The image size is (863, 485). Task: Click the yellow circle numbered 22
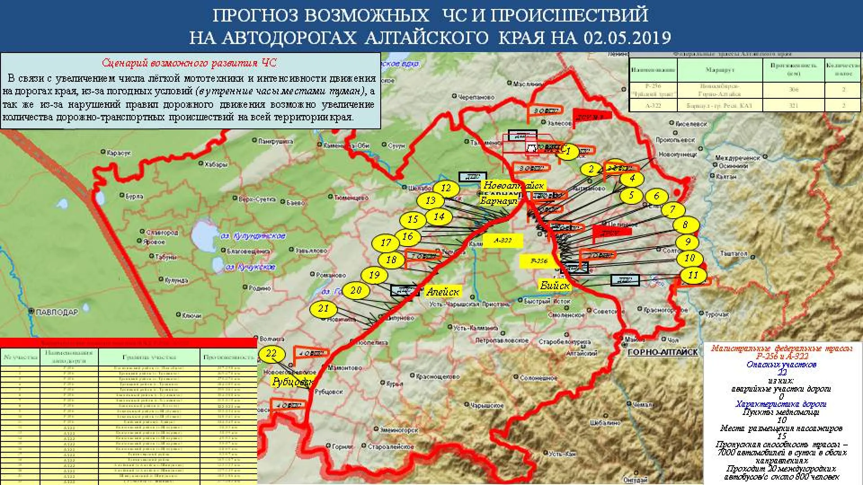pos(271,353)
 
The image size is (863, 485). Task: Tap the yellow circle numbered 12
pos(446,188)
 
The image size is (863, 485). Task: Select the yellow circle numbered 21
pos(324,309)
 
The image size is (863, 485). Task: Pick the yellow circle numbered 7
pos(672,210)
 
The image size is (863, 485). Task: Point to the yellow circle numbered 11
pos(693,275)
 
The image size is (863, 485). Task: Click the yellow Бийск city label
pos(555,285)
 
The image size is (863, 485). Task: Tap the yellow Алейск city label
pos(443,292)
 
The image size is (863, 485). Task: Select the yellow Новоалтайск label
pos(513,185)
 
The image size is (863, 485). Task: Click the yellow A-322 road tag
pos(503,240)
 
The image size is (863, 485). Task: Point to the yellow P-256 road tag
pos(539,261)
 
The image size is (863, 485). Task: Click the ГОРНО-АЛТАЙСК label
pos(663,353)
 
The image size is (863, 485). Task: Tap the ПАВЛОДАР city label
pos(57,312)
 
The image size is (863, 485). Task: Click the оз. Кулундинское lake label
pos(253,236)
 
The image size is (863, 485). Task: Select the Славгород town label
pos(162,233)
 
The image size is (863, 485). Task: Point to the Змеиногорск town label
pos(399,430)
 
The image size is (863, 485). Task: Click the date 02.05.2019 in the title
pos(627,37)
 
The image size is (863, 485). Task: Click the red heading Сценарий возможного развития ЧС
pos(189,63)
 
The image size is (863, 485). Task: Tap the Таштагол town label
pos(734,254)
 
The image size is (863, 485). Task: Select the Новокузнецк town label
pos(677,154)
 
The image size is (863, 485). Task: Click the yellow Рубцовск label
pos(292,382)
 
